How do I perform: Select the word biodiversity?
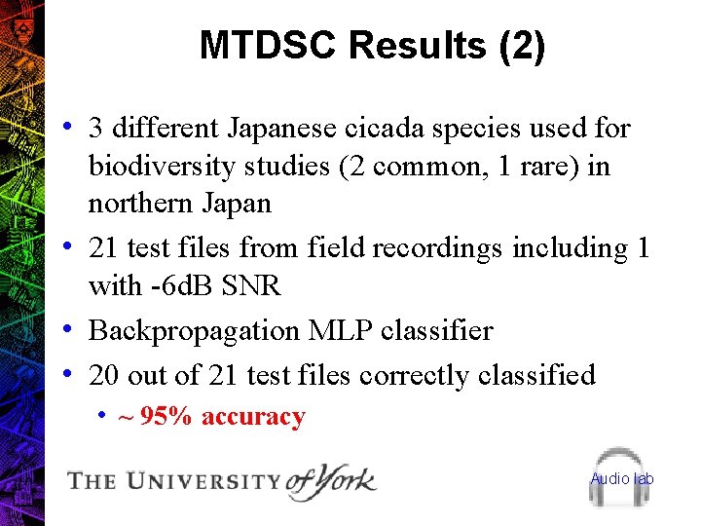160,167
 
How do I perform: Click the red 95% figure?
166,417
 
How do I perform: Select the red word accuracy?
253,417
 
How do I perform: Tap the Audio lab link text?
622,478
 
